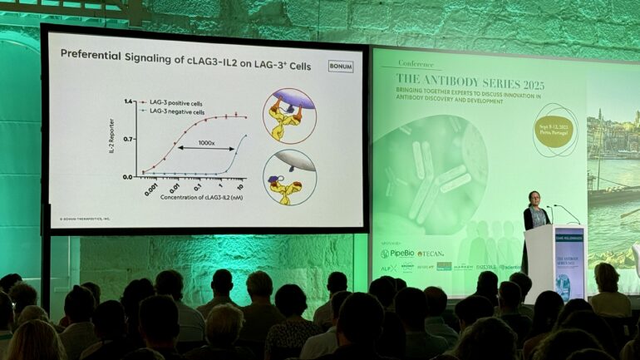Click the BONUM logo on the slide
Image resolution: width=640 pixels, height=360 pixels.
coord(340,67)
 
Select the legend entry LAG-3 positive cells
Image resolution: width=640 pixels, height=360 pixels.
coord(175,103)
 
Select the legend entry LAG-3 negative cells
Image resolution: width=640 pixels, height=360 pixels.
coord(176,111)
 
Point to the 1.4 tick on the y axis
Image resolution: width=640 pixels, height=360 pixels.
coord(129,101)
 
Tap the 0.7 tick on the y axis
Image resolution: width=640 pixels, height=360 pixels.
coord(129,139)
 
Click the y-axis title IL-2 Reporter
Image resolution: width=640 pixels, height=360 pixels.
coord(111,138)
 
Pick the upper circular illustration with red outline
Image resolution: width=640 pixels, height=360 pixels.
coord(288,116)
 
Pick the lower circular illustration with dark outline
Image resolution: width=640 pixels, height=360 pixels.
coord(289,177)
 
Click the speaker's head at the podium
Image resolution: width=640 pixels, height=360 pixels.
coord(534,200)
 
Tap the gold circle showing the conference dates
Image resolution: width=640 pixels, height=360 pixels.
coord(553,131)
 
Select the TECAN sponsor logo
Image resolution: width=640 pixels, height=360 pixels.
coord(430,254)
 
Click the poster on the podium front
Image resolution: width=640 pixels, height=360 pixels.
coord(569,264)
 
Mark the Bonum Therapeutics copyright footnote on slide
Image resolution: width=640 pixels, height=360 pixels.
coord(85,219)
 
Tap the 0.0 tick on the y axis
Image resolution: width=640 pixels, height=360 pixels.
coord(129,176)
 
